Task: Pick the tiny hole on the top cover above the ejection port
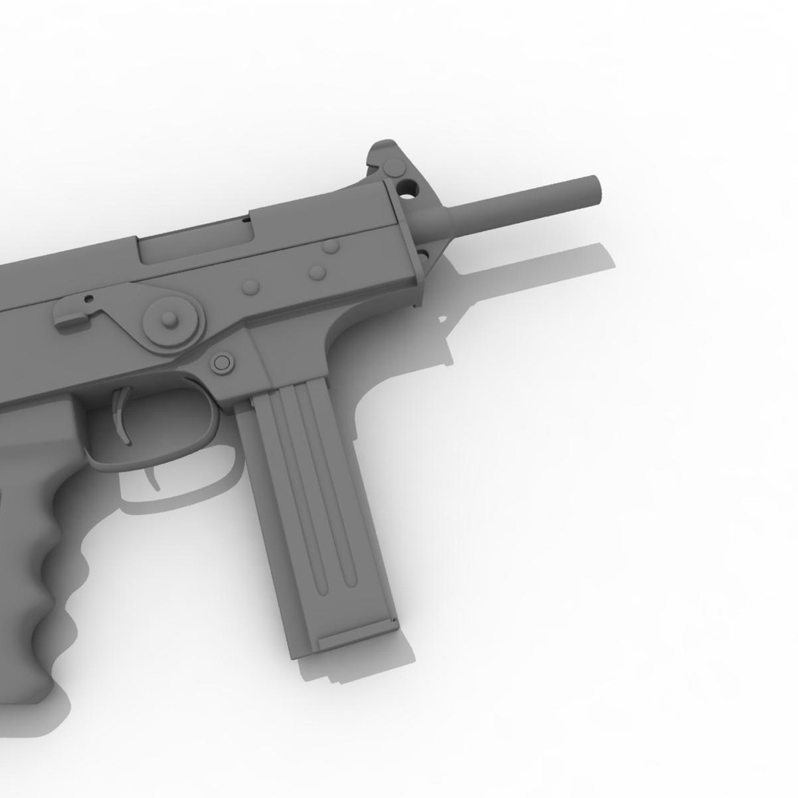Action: click(245, 219)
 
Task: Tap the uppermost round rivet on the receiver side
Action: click(330, 245)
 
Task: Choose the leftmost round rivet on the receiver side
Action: click(250, 285)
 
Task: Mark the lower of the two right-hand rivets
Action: click(318, 273)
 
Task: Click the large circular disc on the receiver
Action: click(171, 319)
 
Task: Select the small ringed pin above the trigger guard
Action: click(221, 362)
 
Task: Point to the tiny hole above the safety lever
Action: click(89, 299)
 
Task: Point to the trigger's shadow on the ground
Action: click(154, 477)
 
